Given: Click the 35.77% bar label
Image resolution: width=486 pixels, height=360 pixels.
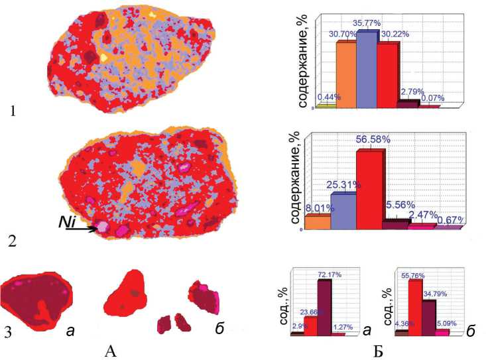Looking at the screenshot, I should coord(369,24).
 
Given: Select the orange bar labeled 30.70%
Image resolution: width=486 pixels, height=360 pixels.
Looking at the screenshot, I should coord(346,74).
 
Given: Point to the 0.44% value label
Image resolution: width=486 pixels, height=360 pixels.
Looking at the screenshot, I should coord(326,97).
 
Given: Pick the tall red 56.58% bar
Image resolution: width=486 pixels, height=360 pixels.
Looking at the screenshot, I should coord(369,188).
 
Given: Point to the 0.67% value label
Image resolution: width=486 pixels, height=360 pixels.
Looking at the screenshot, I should coord(450,219).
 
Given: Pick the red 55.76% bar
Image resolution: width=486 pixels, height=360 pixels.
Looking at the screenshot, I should coord(414,307).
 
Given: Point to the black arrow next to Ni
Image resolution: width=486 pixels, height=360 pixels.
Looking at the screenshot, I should coord(84,230).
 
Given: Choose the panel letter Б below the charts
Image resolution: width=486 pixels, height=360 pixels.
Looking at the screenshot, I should coord(379,349).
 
